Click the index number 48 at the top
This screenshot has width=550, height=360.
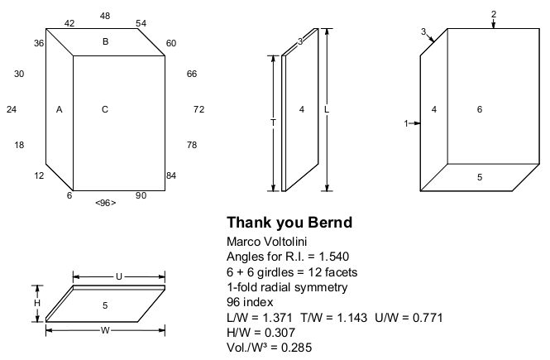(105, 16)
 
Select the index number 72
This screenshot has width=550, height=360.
(198, 109)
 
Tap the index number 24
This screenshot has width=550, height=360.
(12, 109)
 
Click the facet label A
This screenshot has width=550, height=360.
(59, 109)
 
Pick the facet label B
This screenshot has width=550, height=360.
(105, 41)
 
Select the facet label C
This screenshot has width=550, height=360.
(105, 109)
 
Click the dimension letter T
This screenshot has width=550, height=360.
(273, 122)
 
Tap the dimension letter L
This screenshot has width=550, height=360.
(327, 109)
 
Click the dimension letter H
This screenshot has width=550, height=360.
(36, 304)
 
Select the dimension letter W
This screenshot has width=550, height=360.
(105, 330)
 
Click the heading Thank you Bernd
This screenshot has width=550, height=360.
(289, 223)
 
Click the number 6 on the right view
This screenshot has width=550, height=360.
(479, 109)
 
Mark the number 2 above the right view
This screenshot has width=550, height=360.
(494, 15)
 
